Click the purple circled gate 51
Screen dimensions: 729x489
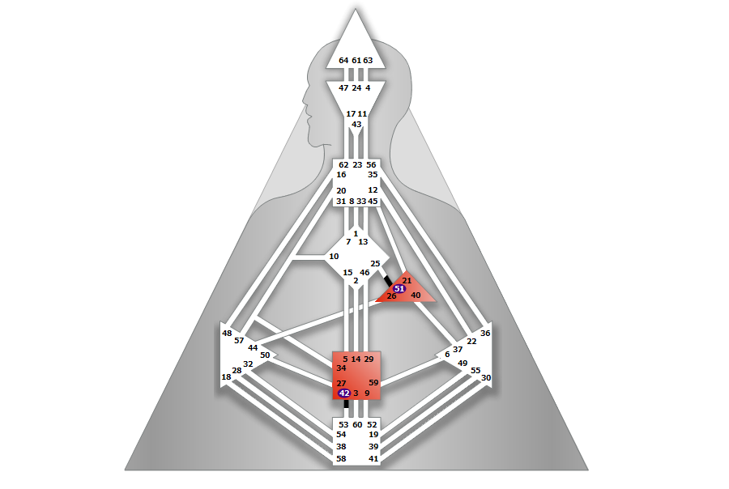click(x=399, y=289)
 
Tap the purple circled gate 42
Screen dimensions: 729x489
click(x=344, y=393)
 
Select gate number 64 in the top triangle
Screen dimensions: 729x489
click(x=343, y=61)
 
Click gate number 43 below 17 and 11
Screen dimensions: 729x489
click(x=356, y=125)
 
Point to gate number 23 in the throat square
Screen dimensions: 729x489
click(x=357, y=165)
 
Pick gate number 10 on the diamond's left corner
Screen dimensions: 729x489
click(x=334, y=257)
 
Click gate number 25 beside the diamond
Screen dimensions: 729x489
click(x=375, y=264)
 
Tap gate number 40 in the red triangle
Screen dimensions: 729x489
click(x=416, y=296)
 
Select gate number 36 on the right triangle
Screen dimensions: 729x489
click(x=485, y=334)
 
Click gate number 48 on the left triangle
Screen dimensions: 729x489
click(x=227, y=334)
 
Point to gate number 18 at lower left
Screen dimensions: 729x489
click(x=226, y=377)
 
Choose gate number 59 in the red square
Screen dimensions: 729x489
click(x=373, y=383)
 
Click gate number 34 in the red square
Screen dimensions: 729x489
click(x=341, y=368)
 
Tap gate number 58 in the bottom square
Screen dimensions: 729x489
click(x=341, y=459)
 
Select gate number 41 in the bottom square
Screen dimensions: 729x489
click(x=373, y=459)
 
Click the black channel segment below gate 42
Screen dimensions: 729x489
click(x=347, y=403)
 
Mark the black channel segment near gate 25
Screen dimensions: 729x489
click(x=387, y=280)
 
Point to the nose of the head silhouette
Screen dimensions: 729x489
click(x=304, y=100)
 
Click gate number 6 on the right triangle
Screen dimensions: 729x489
click(x=447, y=355)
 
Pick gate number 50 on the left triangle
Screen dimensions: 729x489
click(x=265, y=355)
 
